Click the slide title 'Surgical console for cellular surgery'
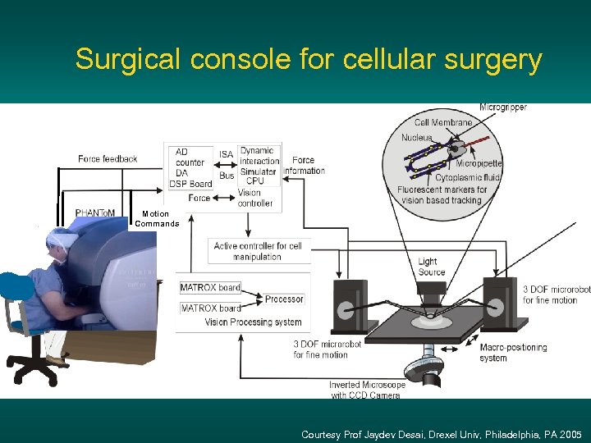(x=309, y=60)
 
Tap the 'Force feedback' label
(x=108, y=158)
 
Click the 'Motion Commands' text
(x=156, y=219)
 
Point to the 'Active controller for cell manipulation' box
(x=258, y=251)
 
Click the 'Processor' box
(x=284, y=299)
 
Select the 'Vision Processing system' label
(x=253, y=322)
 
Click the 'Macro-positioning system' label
(x=513, y=352)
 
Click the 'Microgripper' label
(x=503, y=107)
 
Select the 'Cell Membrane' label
(x=443, y=123)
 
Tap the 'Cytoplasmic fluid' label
(x=469, y=176)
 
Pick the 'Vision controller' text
(x=255, y=198)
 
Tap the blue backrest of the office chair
(x=17, y=287)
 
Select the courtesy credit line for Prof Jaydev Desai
(x=442, y=434)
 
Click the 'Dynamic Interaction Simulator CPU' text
(x=259, y=165)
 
